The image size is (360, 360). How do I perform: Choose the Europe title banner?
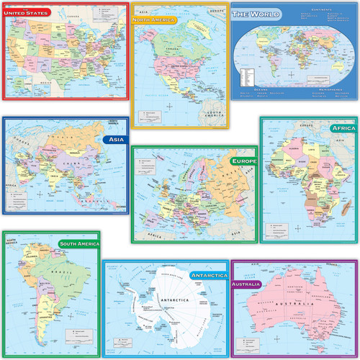click(x=243, y=161)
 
